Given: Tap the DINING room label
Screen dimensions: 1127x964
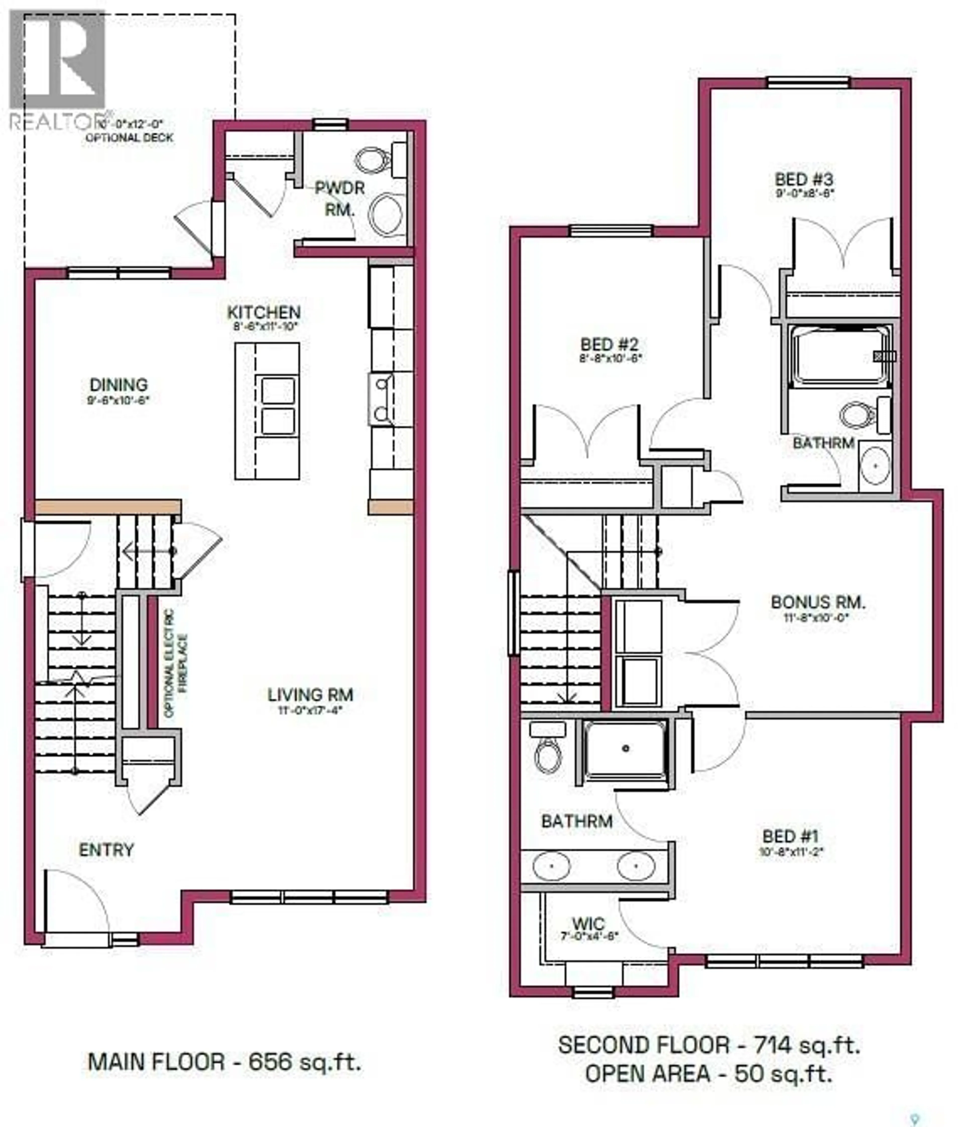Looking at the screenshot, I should (118, 385).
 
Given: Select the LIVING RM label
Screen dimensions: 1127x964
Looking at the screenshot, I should (310, 695).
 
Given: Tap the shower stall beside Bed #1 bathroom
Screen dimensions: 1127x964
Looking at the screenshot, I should (626, 750).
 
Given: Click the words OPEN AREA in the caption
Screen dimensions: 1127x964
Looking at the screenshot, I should (647, 1074).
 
